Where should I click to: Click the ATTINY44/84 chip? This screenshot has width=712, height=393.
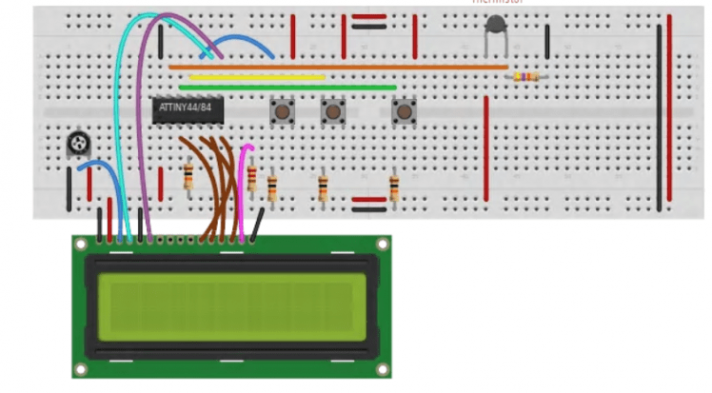coord(188,110)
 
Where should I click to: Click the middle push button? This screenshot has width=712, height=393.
coord(332,112)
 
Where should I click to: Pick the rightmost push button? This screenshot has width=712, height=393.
coord(404,112)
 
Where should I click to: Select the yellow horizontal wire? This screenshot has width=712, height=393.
coord(257,77)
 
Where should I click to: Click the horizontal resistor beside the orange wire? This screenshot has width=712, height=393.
coord(525,77)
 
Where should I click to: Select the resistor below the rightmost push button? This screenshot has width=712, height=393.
coord(394,185)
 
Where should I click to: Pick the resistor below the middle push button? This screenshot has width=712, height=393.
coord(324,187)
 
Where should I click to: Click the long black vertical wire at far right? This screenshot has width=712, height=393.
coord(658,114)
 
